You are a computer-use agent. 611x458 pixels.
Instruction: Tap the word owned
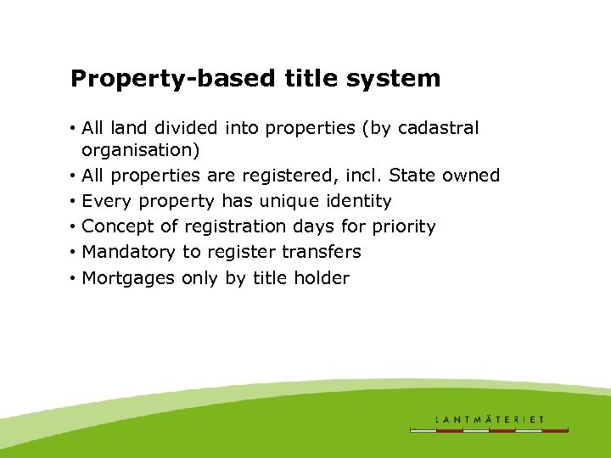472,176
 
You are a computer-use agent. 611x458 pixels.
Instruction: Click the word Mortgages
128,278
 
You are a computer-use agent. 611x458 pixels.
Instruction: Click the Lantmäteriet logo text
490,419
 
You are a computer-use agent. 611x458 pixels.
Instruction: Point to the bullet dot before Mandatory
75,253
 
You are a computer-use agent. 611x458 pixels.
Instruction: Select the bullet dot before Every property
75,202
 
